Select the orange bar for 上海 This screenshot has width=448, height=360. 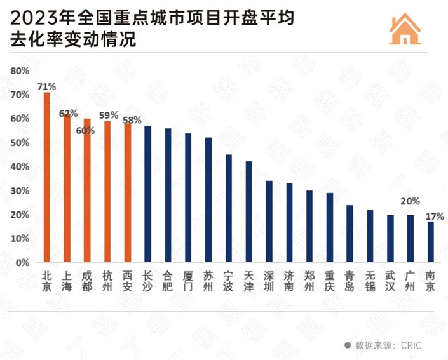[67, 188]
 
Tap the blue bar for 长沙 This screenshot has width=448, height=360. [147, 194]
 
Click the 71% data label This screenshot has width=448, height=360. [46, 86]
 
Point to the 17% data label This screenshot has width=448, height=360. [435, 216]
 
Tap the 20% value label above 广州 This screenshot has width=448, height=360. [410, 201]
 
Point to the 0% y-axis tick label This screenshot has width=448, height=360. [23, 262]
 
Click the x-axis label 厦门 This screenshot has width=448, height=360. [188, 281]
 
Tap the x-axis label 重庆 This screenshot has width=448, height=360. [329, 281]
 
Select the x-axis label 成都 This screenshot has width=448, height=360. [87, 281]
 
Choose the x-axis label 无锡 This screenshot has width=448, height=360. [370, 281]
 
